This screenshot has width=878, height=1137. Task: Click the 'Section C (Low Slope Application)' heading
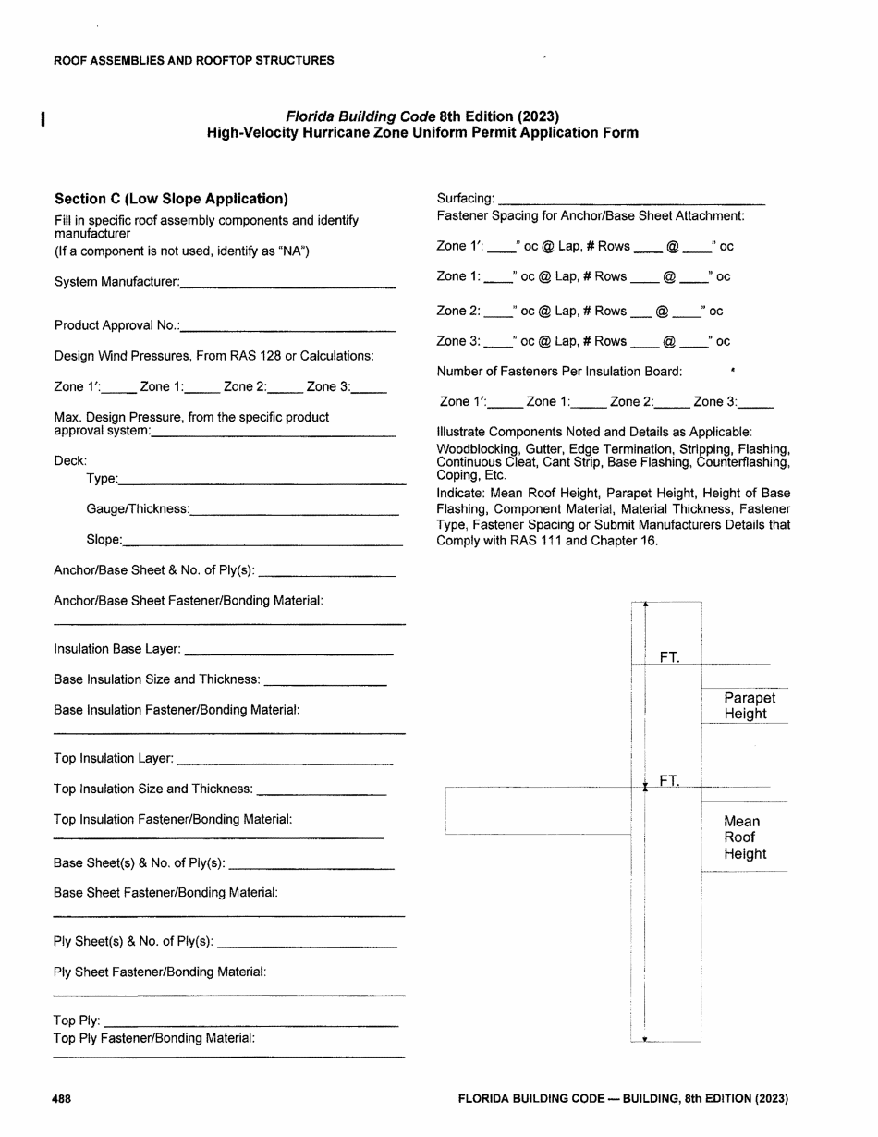click(171, 199)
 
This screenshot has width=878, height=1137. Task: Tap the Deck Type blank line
click(262, 483)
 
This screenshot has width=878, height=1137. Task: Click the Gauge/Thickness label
click(137, 509)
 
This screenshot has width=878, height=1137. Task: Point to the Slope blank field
click(262, 544)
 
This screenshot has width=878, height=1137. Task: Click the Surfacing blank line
click(630, 202)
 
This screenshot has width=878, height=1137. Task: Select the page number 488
click(63, 1099)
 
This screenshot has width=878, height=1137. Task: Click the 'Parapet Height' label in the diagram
click(749, 706)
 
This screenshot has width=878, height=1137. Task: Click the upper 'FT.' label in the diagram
click(670, 658)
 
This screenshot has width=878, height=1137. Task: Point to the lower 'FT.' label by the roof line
click(670, 781)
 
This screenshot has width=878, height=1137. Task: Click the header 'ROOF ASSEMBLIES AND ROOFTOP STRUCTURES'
click(194, 61)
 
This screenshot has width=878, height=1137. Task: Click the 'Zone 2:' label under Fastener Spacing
click(457, 312)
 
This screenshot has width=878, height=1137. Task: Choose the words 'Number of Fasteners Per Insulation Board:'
click(559, 372)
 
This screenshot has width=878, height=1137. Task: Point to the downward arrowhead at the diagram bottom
click(645, 1040)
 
